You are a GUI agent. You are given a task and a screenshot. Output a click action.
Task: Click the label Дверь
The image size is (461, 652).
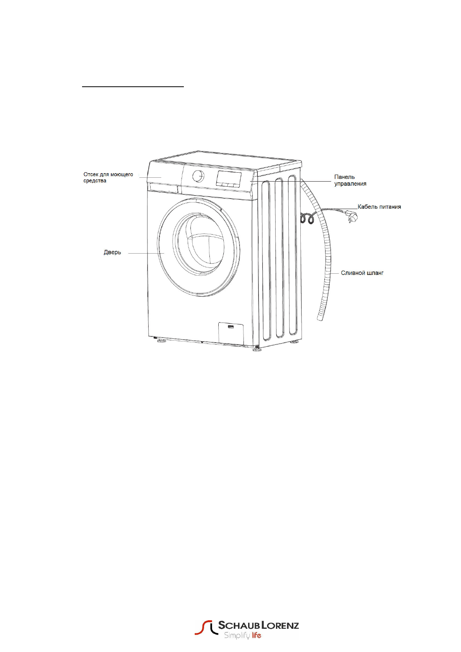coord(112,252)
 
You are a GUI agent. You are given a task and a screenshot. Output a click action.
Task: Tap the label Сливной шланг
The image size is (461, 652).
coord(362,273)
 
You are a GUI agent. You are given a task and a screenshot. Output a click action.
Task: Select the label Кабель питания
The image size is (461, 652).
coord(379,207)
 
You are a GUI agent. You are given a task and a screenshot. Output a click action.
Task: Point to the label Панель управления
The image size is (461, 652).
coord(350,180)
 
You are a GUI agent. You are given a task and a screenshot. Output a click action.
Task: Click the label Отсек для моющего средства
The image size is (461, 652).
coord(108,178)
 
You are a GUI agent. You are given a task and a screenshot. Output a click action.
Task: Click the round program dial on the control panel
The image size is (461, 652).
coord(199,176)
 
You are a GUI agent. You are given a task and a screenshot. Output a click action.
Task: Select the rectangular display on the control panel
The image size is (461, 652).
coord(228,178)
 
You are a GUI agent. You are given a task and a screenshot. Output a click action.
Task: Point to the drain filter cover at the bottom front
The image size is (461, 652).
coord(231,332)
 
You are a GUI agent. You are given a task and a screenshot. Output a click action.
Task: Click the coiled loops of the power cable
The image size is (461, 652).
coord(306,219)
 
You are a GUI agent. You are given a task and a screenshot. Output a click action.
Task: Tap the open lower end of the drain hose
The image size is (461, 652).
coord(320,317)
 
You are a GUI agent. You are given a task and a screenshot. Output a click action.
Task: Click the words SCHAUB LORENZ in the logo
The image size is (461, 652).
coord(258,625)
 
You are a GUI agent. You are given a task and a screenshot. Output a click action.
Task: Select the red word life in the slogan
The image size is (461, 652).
coord(256,635)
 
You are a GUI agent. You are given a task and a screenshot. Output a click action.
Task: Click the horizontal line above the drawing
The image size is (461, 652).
coord(133,87)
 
